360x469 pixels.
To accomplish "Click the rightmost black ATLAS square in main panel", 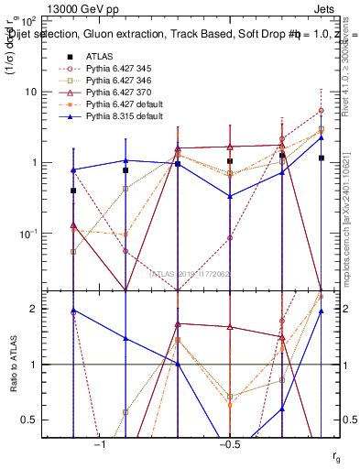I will click(x=321, y=158).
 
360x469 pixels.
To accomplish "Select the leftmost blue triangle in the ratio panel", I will click(x=73, y=311).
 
